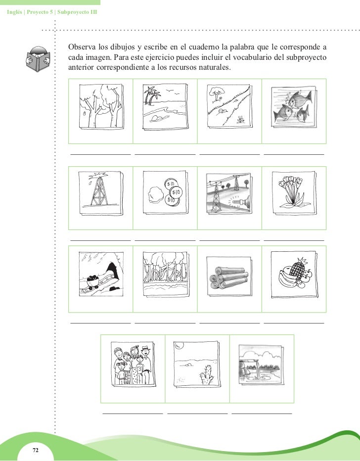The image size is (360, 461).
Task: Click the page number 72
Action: tap(36, 450)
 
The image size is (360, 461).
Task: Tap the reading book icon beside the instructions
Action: tap(38, 59)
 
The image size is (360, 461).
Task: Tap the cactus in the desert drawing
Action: tap(207, 374)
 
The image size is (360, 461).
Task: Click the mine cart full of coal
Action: tap(93, 281)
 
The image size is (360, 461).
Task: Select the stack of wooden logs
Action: tap(229, 278)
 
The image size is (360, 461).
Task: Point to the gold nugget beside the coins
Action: tap(156, 194)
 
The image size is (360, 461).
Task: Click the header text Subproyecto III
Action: tap(77, 12)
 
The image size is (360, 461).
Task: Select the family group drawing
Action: tap(133, 364)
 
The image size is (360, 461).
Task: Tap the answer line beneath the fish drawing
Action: tap(294, 154)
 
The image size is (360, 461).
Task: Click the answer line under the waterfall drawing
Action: tap(262, 414)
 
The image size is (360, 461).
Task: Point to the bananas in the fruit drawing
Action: tap(286, 278)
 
